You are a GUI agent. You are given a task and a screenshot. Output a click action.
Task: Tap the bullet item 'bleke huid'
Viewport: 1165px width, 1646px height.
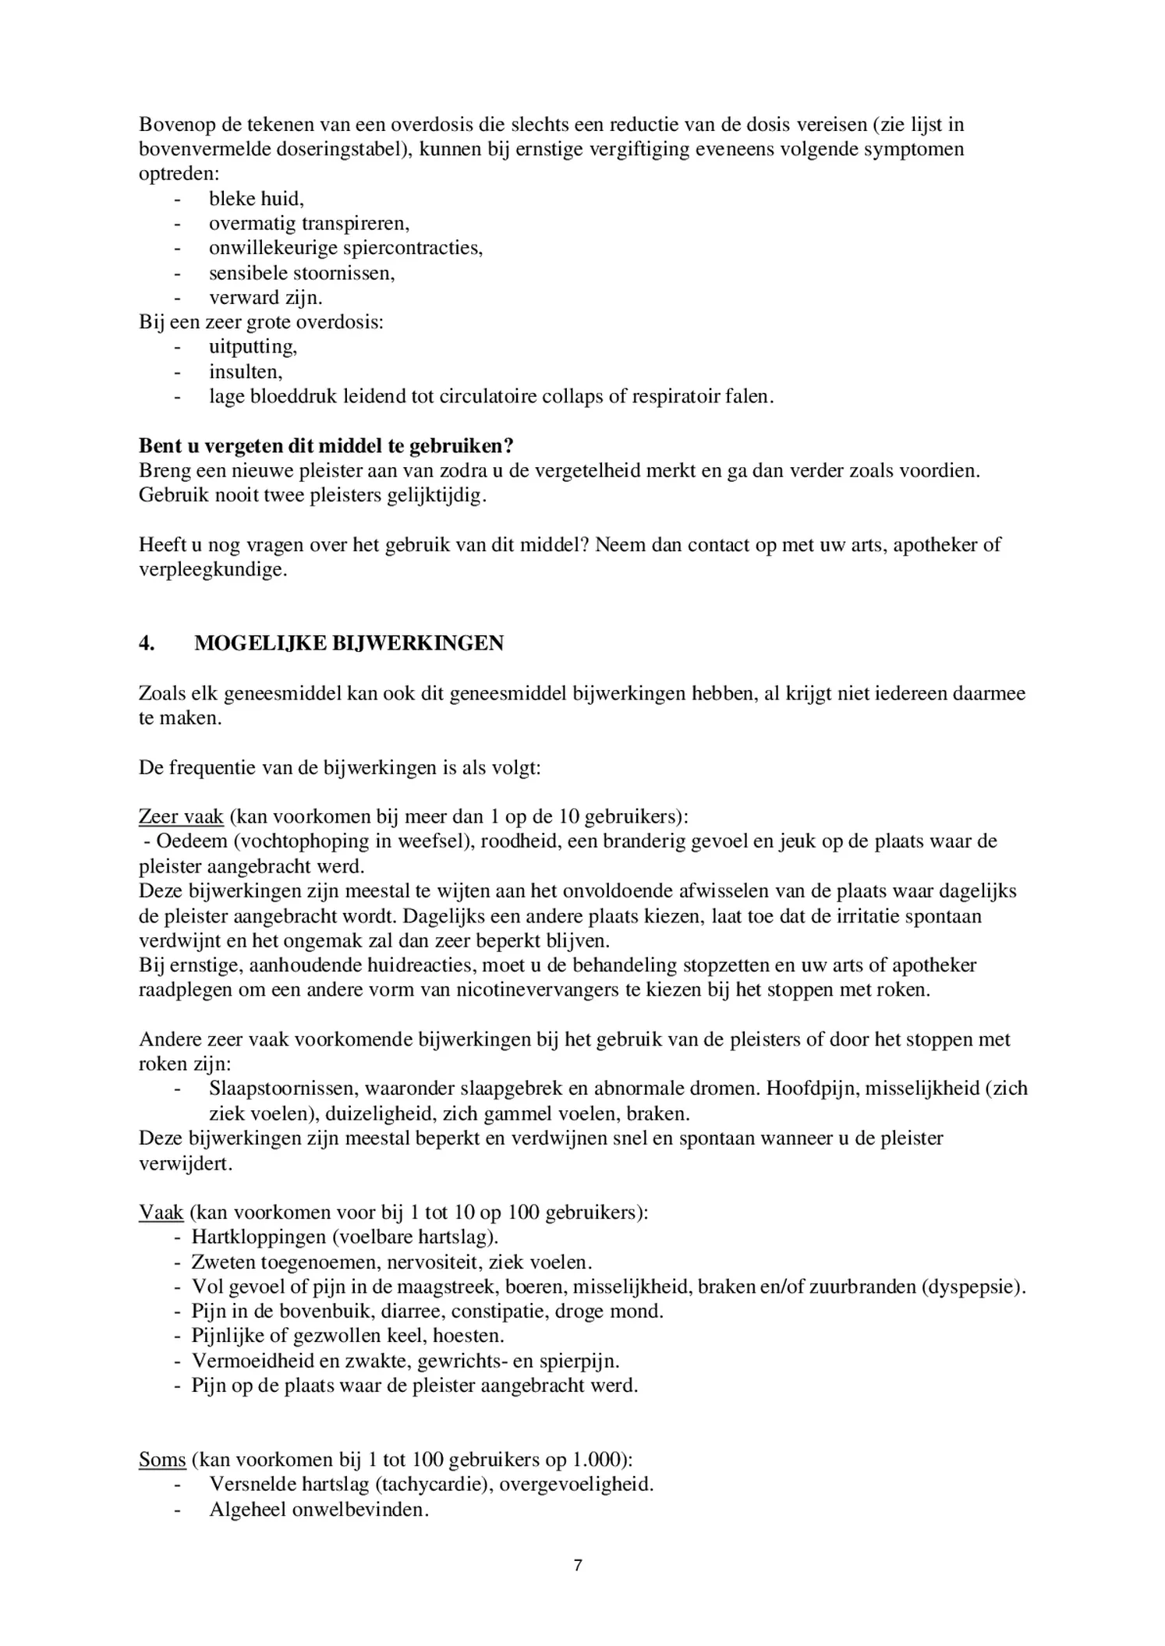point(256,199)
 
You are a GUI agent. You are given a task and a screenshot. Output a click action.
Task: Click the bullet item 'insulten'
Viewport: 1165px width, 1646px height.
point(245,372)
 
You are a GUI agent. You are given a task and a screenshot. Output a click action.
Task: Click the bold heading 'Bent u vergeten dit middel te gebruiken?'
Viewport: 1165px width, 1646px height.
point(326,446)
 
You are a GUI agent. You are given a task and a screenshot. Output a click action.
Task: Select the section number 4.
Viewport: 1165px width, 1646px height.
point(147,643)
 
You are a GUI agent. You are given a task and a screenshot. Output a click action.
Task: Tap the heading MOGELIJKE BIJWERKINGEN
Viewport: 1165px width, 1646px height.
point(349,643)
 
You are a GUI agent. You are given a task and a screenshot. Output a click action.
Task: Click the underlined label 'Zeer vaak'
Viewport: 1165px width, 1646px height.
point(181,816)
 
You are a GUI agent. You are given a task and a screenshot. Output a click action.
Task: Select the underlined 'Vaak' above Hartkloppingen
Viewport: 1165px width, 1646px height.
point(161,1212)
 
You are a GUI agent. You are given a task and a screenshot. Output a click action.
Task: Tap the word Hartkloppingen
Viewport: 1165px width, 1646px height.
point(256,1237)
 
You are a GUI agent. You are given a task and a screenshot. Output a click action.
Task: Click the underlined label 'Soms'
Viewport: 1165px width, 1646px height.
point(162,1460)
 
